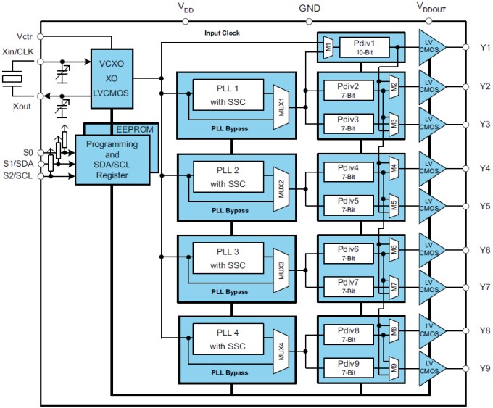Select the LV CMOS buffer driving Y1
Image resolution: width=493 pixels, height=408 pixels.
433,47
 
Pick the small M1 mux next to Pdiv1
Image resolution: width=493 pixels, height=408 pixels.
328,47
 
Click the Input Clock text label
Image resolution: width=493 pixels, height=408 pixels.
222,33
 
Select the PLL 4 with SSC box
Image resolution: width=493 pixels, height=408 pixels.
228,338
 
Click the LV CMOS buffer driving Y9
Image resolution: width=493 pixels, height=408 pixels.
433,368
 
